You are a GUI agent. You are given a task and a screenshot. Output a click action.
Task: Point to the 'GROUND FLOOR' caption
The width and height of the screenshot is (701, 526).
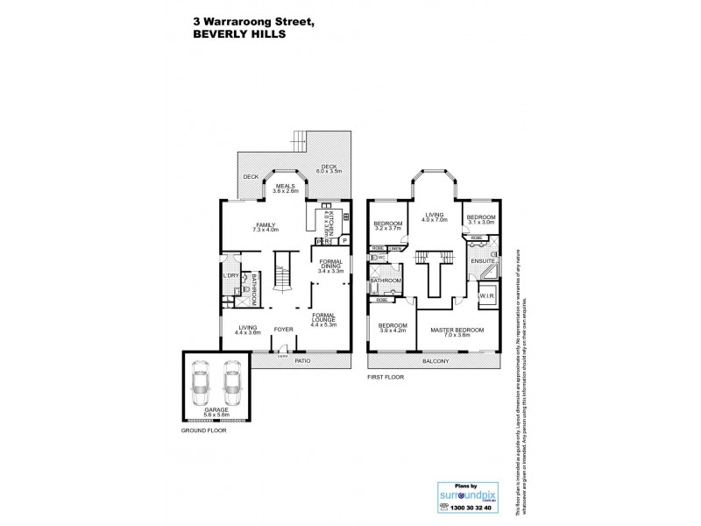click(203, 432)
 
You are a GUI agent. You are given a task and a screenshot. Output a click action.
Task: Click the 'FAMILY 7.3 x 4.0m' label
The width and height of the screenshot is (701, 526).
click(266, 227)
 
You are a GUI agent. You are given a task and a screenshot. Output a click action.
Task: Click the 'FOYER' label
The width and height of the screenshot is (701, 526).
click(283, 330)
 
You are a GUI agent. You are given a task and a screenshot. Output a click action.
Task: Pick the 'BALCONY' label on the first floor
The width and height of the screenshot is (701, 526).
click(435, 361)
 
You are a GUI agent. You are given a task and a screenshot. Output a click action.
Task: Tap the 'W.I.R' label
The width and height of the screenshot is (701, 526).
click(485, 295)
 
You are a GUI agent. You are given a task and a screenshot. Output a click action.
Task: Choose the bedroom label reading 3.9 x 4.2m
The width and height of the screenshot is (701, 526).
click(390, 330)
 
